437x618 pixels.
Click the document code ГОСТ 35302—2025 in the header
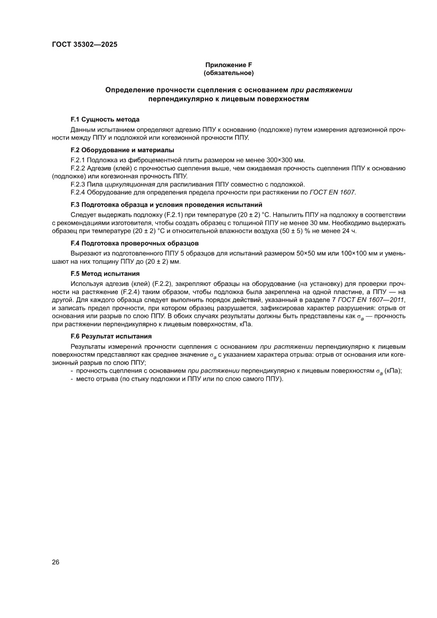[x=85, y=44]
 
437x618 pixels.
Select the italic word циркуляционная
[x=129, y=184]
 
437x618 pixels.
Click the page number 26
[x=55, y=561]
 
